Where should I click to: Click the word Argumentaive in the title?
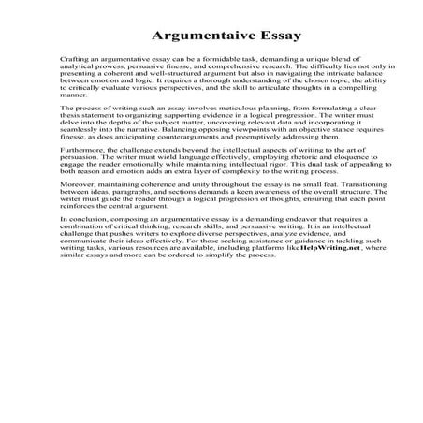[185, 38]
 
